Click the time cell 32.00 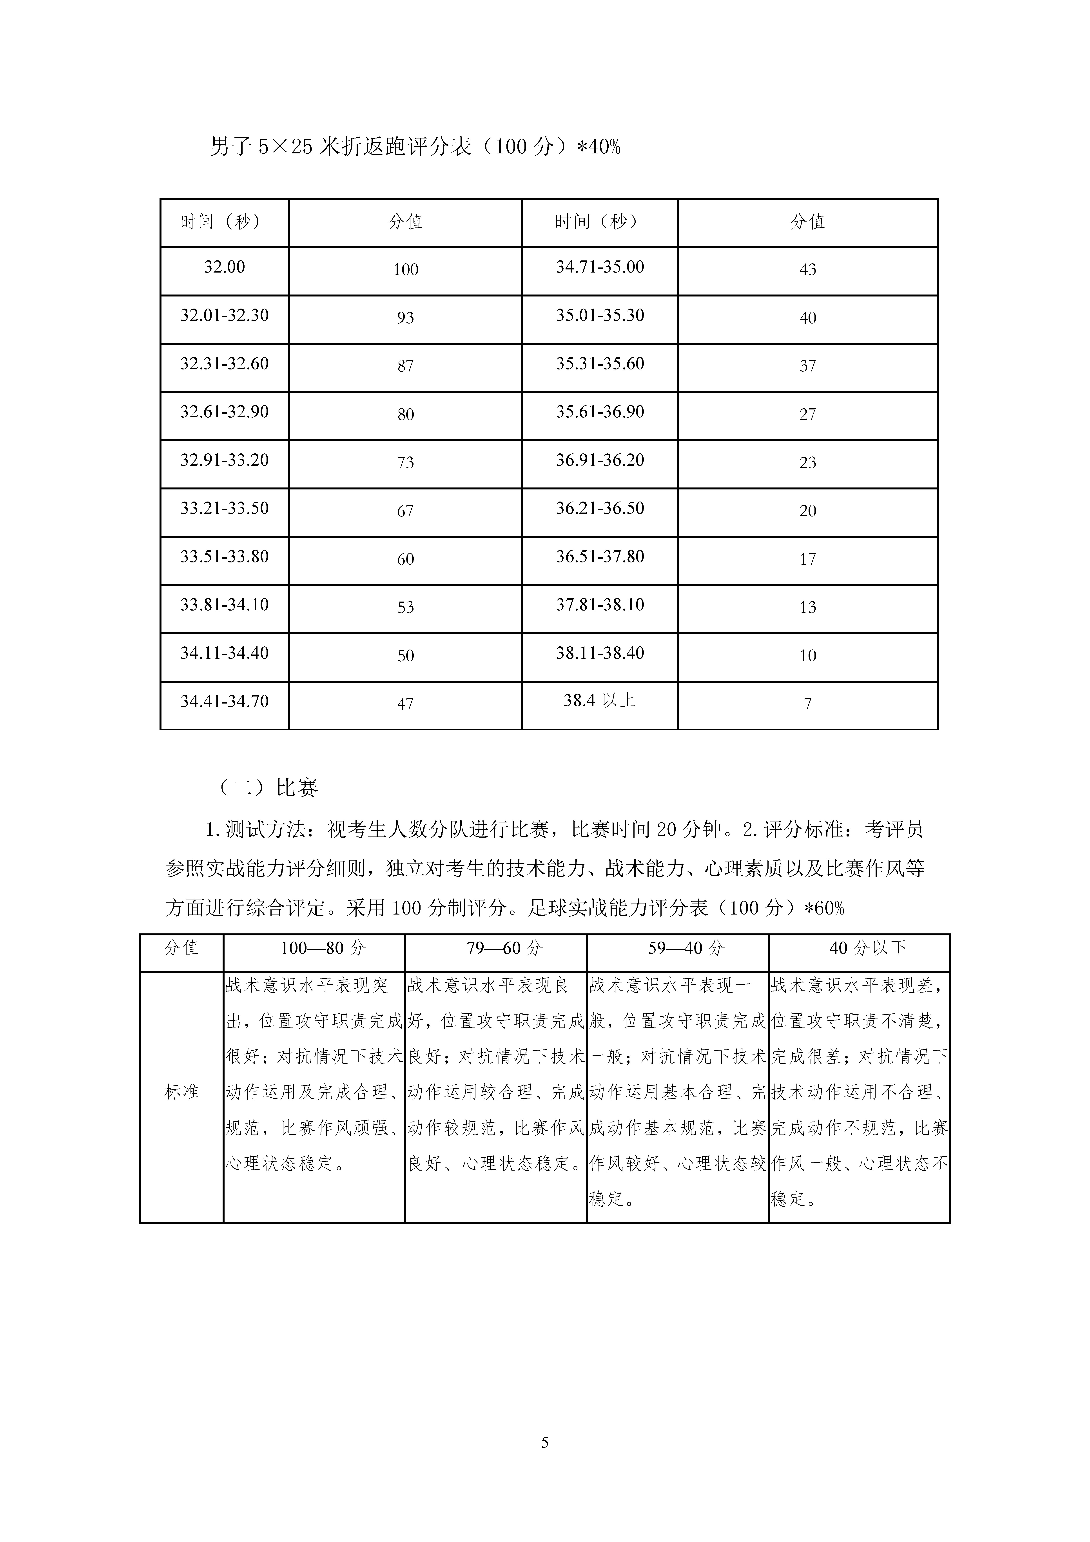pos(224,267)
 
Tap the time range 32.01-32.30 pos(224,316)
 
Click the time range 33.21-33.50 pos(224,508)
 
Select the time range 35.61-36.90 pos(600,412)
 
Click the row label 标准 pos(181,1092)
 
